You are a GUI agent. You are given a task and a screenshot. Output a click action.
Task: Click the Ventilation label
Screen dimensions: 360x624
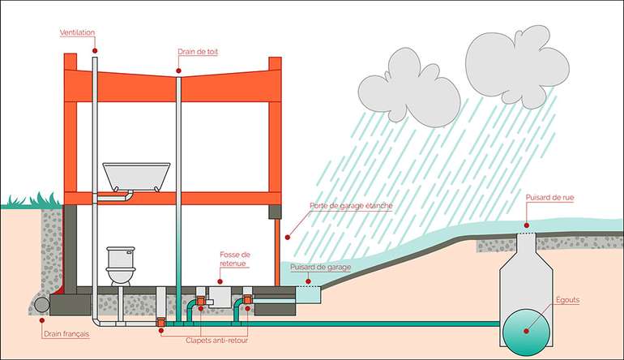tap(77, 33)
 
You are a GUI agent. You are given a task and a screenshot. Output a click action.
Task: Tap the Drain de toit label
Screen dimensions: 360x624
tap(198, 52)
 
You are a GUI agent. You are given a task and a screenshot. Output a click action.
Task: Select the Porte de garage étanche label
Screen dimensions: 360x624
tap(351, 206)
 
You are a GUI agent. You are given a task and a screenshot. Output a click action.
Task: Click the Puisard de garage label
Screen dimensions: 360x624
tap(317, 266)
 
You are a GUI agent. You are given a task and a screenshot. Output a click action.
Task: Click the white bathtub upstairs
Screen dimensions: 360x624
tap(136, 176)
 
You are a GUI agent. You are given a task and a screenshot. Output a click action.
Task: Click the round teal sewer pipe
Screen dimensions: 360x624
tap(524, 332)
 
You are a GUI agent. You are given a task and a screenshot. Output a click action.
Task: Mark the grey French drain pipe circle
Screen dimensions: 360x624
tap(40, 305)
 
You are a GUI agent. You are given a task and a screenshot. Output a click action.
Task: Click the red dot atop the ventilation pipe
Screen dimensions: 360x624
tap(96, 49)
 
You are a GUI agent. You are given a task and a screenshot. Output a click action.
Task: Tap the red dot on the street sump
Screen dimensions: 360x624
tap(526, 225)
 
